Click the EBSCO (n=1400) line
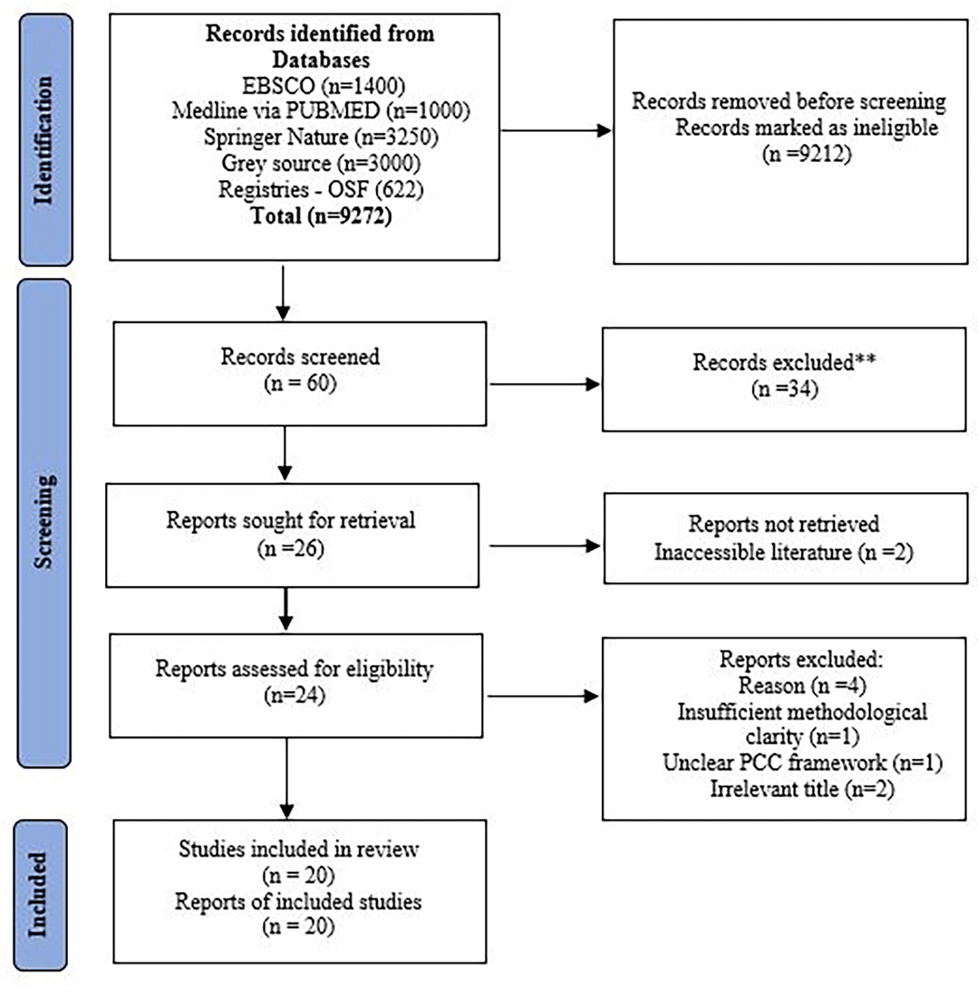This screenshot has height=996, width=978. (323, 86)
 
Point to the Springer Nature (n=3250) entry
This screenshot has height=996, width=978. (320, 137)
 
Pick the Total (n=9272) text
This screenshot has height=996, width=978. (320, 216)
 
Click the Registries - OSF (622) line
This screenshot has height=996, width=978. (320, 190)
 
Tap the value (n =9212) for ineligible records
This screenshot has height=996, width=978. (807, 154)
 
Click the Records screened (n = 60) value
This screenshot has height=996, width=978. (300, 384)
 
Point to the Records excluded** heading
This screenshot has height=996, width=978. (783, 362)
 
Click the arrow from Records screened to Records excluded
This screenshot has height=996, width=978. (544, 384)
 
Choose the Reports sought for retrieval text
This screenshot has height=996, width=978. (290, 521)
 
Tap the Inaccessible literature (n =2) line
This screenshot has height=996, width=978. (783, 552)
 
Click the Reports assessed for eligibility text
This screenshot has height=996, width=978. (294, 669)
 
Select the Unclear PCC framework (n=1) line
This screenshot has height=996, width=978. (802, 763)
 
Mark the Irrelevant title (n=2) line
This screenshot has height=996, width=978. (802, 789)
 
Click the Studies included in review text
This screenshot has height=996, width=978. (299, 849)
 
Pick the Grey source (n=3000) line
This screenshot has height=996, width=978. (320, 163)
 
